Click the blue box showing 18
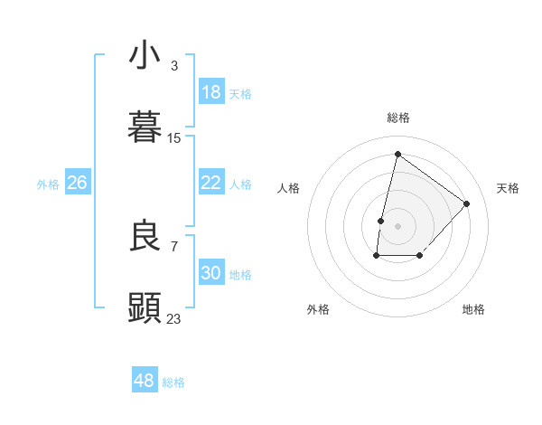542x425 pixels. click(x=211, y=92)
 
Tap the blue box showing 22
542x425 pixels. click(x=211, y=183)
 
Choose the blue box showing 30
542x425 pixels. click(x=211, y=273)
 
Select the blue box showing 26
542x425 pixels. click(x=78, y=183)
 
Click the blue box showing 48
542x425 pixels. click(x=145, y=381)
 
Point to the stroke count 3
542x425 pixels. click(x=174, y=66)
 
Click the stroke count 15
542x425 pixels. click(x=174, y=138)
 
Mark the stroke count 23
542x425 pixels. click(x=174, y=319)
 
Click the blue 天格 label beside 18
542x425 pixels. click(x=240, y=93)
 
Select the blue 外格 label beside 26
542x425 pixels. click(x=48, y=184)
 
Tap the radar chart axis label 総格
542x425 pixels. click(x=398, y=118)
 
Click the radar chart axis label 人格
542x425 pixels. click(x=288, y=188)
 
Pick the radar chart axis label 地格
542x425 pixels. click(x=473, y=309)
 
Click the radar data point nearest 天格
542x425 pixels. click(x=467, y=203)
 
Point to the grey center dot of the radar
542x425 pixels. click(x=397, y=225)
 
